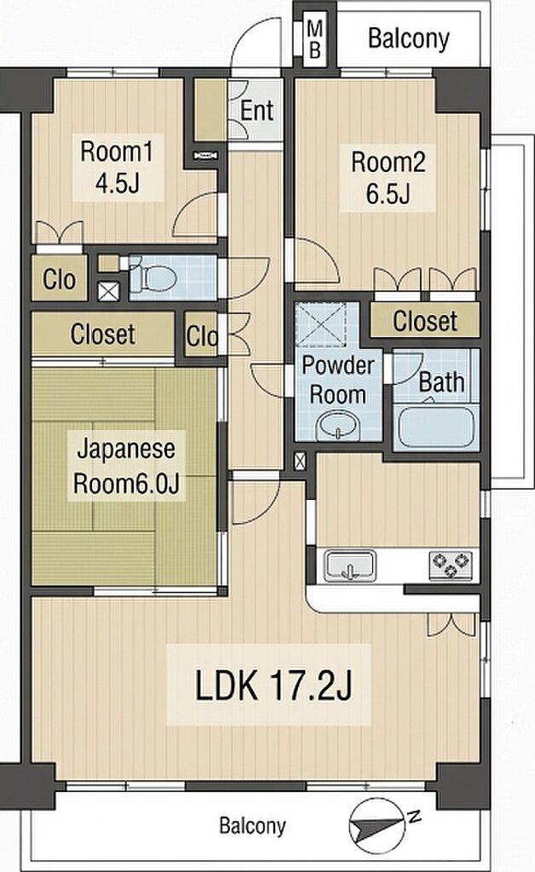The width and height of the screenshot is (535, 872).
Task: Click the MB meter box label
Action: (x=314, y=38)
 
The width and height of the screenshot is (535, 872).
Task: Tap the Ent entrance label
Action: (x=257, y=110)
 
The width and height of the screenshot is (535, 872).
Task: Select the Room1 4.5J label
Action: (x=117, y=168)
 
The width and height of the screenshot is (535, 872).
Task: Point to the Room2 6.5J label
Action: (x=388, y=178)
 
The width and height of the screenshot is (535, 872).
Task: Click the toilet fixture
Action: (x=153, y=277)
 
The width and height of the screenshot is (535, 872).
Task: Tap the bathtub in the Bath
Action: (x=435, y=427)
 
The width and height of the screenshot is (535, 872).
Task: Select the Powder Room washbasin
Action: (x=338, y=427)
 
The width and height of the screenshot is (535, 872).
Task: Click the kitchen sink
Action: (x=350, y=565)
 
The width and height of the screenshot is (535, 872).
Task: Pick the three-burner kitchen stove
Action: (x=451, y=565)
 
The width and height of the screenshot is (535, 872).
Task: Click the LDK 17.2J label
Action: (x=273, y=686)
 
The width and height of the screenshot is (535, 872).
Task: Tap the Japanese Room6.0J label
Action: (x=126, y=466)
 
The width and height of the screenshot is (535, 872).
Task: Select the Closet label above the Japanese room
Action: (x=103, y=334)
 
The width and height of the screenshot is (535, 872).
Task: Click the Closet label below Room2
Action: (x=425, y=321)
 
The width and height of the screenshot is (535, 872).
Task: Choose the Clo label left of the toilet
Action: (x=59, y=279)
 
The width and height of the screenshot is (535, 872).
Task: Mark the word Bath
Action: (x=441, y=382)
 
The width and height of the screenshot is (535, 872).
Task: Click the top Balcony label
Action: (x=409, y=39)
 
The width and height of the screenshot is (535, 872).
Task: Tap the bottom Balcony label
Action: (x=252, y=825)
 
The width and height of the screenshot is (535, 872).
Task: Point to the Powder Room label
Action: (x=338, y=379)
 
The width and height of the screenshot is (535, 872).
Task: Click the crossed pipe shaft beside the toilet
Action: (x=108, y=291)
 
